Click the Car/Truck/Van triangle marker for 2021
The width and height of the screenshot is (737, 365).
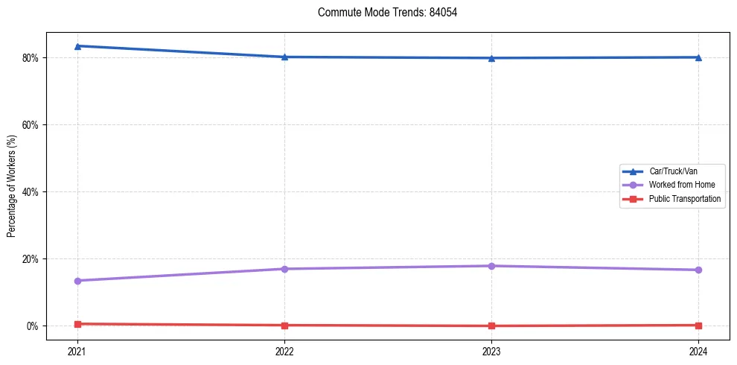pos(77,46)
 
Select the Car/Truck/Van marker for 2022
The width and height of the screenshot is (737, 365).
pos(284,57)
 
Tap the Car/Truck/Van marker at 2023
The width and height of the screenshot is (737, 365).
pos(491,58)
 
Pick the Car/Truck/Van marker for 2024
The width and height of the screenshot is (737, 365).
pos(698,57)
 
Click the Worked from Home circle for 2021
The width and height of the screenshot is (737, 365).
pos(77,281)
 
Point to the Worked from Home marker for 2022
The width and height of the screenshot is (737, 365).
pos(284,269)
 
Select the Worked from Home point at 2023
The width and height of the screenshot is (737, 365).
pos(491,266)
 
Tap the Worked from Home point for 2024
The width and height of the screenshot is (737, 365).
pos(698,270)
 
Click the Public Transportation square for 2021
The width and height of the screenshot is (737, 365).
pos(77,324)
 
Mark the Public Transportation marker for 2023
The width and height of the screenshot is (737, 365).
pos(491,326)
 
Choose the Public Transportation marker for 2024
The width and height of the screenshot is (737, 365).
pos(698,325)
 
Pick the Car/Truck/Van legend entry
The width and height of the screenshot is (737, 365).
pos(673,171)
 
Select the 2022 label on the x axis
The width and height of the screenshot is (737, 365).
pos(284,350)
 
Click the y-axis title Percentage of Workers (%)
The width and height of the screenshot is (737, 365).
pos(12,187)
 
